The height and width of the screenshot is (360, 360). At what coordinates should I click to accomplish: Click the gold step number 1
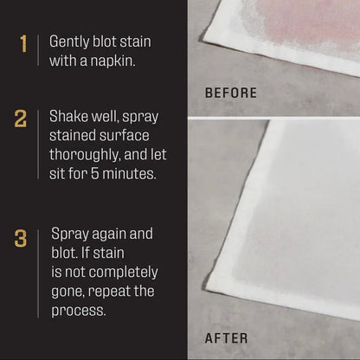coord(22,43)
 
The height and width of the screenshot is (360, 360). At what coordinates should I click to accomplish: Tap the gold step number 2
coord(21,119)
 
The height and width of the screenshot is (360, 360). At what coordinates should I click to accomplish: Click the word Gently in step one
coord(70,41)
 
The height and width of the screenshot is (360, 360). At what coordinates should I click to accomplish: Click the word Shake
coord(69,116)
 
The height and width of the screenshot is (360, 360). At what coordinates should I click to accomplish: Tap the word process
coord(79,310)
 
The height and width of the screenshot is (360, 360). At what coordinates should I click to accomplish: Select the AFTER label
coord(226,338)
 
